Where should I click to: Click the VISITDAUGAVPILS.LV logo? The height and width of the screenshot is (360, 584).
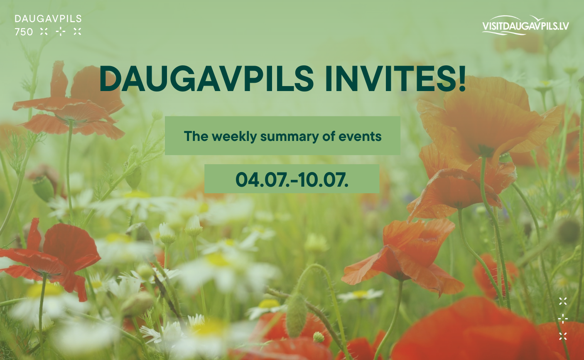525,25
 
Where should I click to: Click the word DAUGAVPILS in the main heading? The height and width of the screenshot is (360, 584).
206,79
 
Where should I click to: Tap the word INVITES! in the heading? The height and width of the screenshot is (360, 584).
395,79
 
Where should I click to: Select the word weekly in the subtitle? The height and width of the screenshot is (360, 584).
234,136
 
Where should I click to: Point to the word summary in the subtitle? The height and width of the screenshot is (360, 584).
290,137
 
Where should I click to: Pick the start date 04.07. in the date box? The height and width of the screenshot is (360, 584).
263,180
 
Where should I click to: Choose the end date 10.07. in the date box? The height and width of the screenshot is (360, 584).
323,180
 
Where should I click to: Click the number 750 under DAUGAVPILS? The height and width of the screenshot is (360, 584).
24,32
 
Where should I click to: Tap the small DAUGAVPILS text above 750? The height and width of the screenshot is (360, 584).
48,19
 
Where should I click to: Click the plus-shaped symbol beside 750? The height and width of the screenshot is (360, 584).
61,32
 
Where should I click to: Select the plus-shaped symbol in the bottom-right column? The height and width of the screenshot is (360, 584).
563,318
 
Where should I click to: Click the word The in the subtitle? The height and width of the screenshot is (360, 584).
196,136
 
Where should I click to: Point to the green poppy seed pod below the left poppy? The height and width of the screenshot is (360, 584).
43,188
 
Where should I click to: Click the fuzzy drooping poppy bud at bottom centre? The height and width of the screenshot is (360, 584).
296,316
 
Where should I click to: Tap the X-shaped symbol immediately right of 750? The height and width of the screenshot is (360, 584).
44,32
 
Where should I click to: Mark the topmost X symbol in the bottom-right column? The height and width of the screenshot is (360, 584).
563,301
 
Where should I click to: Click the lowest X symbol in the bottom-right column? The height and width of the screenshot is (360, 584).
563,336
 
